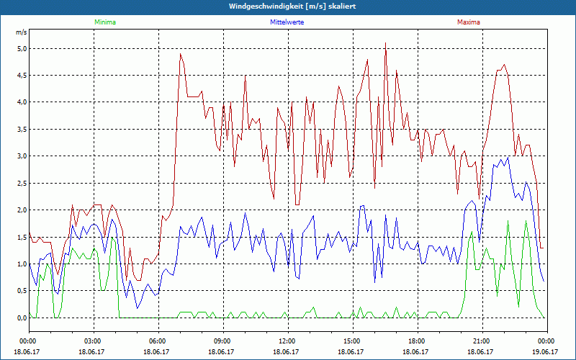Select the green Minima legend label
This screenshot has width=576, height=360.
(x=104, y=22)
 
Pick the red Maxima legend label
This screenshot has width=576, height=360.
(x=467, y=22)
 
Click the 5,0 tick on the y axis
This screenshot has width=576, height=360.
(x=22, y=48)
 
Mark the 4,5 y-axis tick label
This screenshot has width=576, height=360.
(x=22, y=75)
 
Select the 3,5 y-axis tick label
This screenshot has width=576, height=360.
(x=22, y=129)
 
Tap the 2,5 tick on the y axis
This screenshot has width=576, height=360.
(x=22, y=183)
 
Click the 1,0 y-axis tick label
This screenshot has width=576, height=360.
(x=22, y=264)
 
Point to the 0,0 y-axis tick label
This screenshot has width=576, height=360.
(x=22, y=318)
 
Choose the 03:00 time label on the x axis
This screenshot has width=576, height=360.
(x=93, y=341)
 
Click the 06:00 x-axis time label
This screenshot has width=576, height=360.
(x=158, y=341)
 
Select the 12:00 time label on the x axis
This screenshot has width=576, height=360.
(x=287, y=341)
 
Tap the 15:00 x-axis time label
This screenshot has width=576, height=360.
(x=352, y=341)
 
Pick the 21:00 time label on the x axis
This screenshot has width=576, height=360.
(x=482, y=341)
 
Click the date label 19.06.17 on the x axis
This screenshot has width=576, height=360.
(x=546, y=352)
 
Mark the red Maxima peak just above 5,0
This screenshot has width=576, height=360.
(x=386, y=44)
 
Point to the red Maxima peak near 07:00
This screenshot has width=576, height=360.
(x=181, y=54)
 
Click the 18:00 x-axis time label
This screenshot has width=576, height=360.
(x=417, y=341)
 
